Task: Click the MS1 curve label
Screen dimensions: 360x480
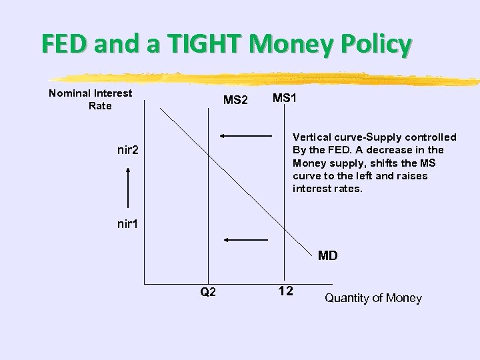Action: pyautogui.click(x=285, y=98)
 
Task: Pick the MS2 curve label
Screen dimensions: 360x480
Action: pyautogui.click(x=235, y=101)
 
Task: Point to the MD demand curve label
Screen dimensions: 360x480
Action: pyautogui.click(x=327, y=255)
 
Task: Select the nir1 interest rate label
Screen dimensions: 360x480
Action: pyautogui.click(x=127, y=224)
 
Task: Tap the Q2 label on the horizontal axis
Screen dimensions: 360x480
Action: pyautogui.click(x=208, y=292)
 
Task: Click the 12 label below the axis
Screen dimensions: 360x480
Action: pyautogui.click(x=285, y=291)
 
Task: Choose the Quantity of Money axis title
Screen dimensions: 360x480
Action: pyautogui.click(x=373, y=298)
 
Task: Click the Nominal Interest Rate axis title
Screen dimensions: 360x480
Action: pyautogui.click(x=91, y=99)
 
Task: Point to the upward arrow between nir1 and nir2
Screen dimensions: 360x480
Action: pyautogui.click(x=127, y=187)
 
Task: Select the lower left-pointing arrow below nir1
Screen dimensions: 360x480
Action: pyautogui.click(x=245, y=239)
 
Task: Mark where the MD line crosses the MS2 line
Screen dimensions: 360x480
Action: pyautogui.click(x=208, y=153)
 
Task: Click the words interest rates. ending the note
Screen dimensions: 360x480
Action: pyautogui.click(x=327, y=189)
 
